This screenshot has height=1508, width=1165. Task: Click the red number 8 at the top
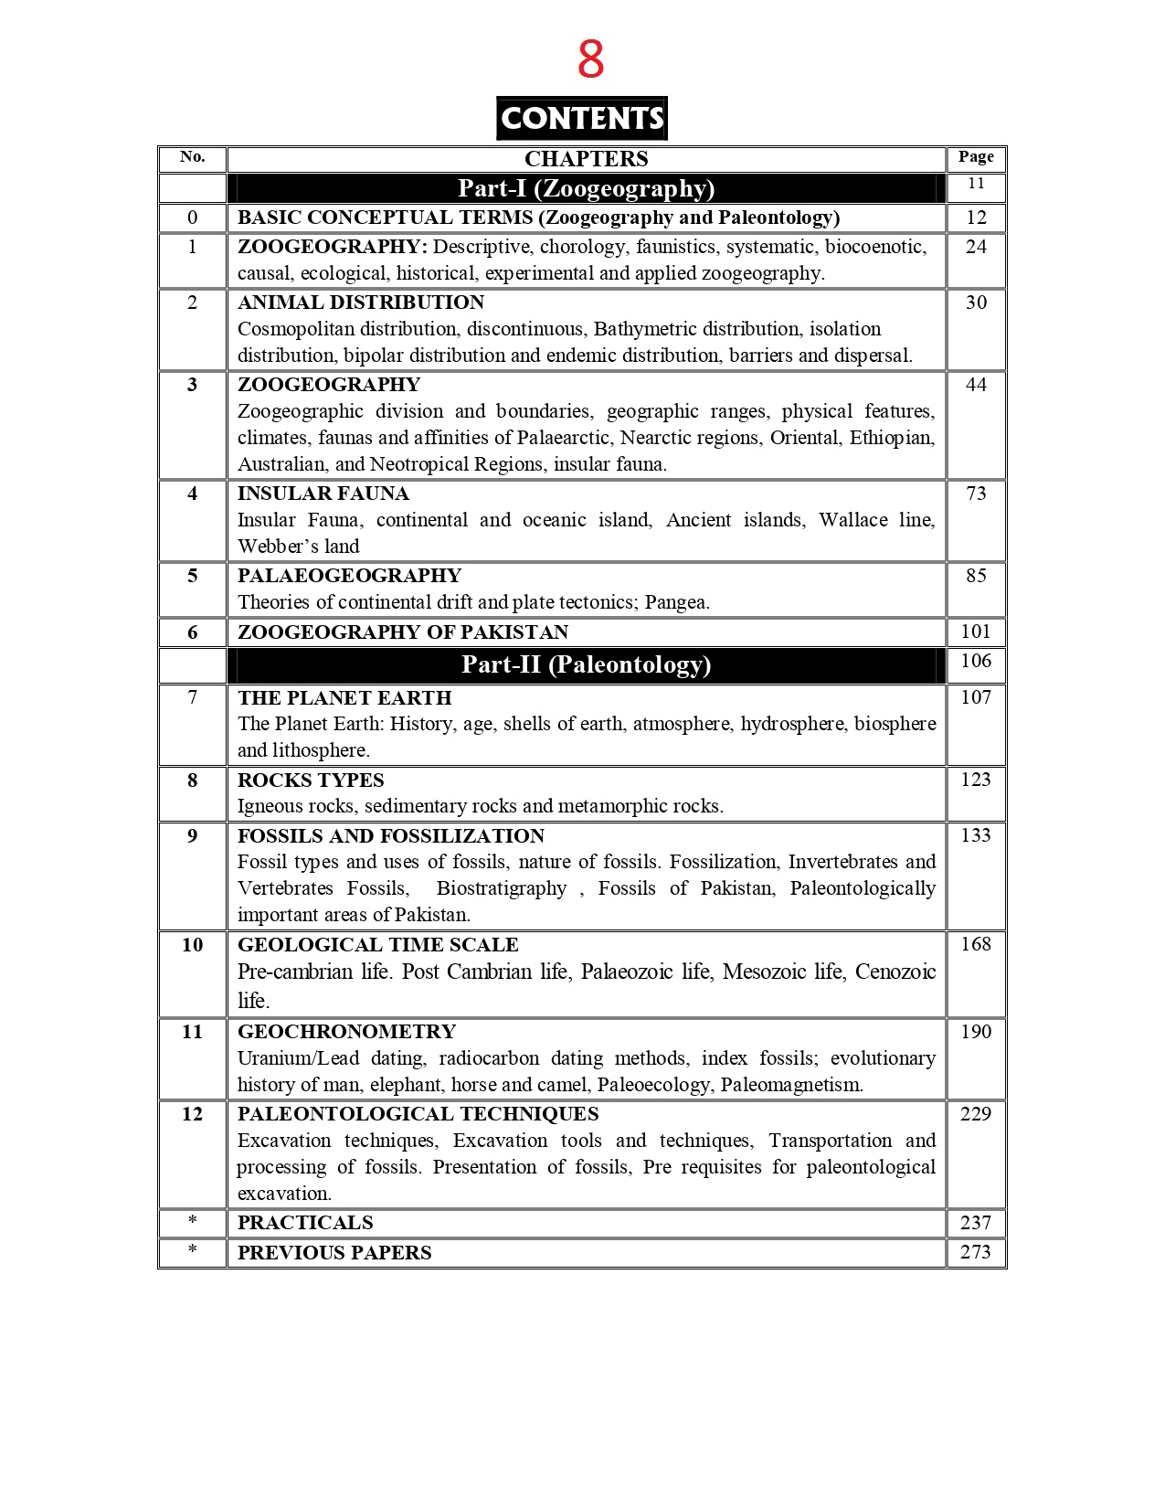pos(590,59)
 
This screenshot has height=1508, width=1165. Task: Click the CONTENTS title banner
pos(582,118)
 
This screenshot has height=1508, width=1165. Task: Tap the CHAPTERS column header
pos(586,159)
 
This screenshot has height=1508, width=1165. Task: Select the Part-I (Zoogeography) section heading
pos(586,188)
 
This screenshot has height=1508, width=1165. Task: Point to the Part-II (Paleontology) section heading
pos(586,664)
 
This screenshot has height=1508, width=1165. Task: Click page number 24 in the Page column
pos(976,247)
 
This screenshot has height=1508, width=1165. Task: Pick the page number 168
pos(976,944)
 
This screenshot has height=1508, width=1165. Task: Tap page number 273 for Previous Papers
pos(976,1252)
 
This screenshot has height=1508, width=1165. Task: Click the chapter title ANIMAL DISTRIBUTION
pos(361,303)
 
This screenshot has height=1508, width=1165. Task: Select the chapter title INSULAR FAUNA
pos(323,494)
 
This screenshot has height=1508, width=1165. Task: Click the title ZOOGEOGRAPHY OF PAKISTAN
pos(403,632)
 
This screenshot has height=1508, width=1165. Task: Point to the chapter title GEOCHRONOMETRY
pos(346,1032)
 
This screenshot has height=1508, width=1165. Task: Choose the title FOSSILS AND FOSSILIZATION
pos(391,836)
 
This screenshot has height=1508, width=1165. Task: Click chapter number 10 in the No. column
pos(192,945)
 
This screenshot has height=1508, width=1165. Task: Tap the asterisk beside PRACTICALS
pos(192,1223)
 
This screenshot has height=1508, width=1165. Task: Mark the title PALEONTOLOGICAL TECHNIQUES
pos(418,1114)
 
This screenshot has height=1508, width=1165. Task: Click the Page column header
pos(976,157)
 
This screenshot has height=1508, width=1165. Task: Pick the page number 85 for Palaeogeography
pos(976,576)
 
